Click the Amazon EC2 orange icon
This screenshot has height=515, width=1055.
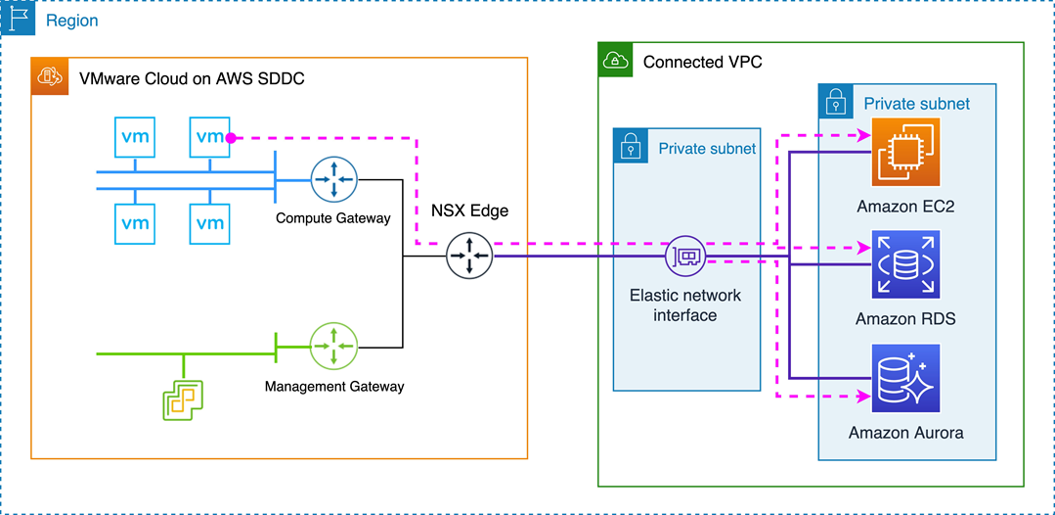coord(905,152)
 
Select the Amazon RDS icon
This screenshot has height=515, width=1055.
coord(905,264)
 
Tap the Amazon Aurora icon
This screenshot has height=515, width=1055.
coord(905,378)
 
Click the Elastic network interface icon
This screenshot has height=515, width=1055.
coord(684,257)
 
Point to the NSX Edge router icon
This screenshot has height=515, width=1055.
coord(469,257)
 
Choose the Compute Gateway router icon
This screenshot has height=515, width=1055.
coord(334,179)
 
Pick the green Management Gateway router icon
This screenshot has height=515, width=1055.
coord(334,346)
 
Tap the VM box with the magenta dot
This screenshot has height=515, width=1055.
coord(210,137)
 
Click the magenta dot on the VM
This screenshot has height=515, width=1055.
coord(230,138)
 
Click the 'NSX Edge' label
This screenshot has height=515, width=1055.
coord(469,211)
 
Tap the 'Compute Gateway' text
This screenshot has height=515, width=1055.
coord(333,218)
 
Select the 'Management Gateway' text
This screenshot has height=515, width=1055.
coord(334,387)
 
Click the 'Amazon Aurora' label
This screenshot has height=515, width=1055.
coord(905,433)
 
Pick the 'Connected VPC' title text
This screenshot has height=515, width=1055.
coord(702,62)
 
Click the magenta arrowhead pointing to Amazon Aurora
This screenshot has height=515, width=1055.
coord(864,397)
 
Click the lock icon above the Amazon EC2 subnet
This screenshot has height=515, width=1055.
coord(837,102)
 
